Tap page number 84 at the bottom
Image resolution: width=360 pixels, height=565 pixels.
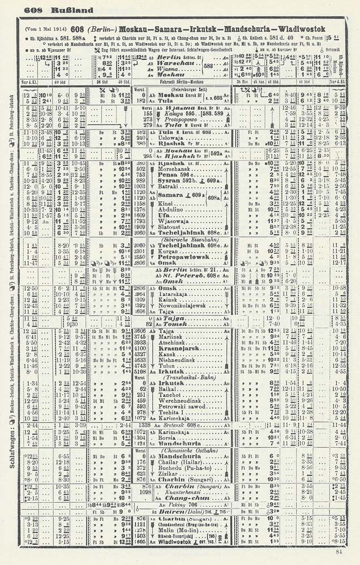(x=339, y=553)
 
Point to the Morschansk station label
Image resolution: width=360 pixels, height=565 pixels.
(x=178, y=169)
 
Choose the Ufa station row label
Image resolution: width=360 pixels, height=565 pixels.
(x=165, y=215)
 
